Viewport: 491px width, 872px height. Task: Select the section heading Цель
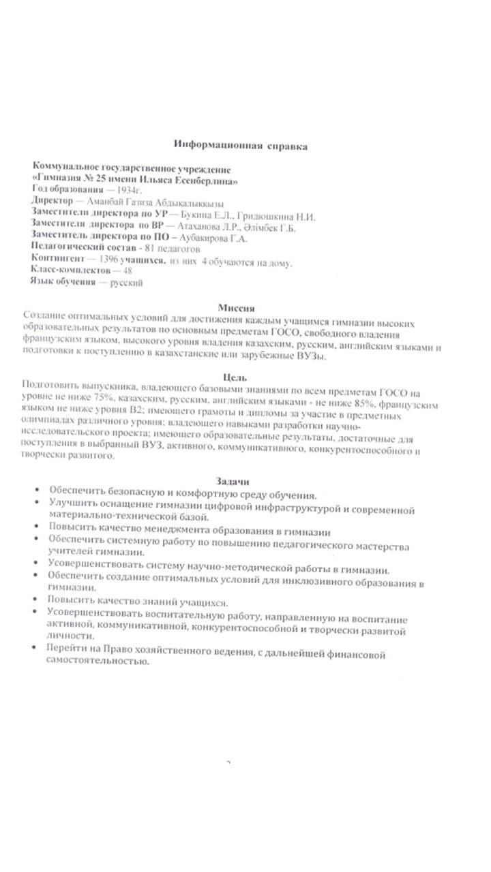[235, 377]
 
